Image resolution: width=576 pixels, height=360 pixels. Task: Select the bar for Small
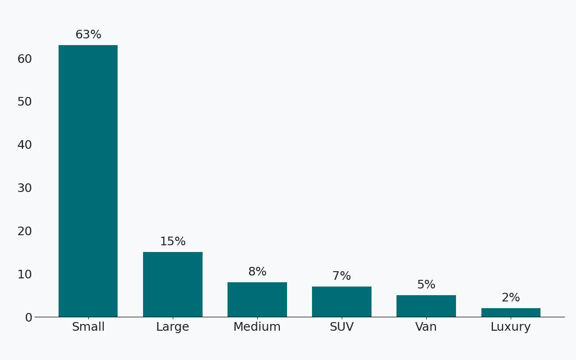[x=88, y=181]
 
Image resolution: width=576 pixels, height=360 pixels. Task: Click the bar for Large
[x=173, y=284]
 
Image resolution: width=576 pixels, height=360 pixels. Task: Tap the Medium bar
[x=257, y=300]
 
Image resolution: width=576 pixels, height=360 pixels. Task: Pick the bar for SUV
[x=342, y=301]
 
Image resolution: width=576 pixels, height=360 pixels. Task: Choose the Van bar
[x=426, y=306]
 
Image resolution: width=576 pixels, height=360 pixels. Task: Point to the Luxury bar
[x=511, y=312]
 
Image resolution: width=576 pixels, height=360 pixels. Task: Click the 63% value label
[x=88, y=35]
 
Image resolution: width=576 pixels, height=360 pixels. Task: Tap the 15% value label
[x=173, y=242]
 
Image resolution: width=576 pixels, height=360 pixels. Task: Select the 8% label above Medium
[x=257, y=272]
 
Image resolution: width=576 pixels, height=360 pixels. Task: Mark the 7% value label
[x=342, y=276]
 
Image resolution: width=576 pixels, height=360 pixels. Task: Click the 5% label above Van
[x=426, y=285]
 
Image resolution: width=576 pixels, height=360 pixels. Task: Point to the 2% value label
[x=511, y=298]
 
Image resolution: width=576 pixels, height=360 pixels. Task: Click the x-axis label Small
[x=88, y=327]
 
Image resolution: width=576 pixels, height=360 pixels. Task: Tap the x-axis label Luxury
[x=511, y=327]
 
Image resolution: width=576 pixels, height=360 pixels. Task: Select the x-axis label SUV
[x=342, y=327]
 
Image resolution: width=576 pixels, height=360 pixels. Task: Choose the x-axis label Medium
[x=257, y=327]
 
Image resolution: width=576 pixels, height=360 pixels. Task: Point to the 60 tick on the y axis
[x=24, y=59]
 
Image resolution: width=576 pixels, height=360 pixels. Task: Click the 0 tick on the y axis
[x=28, y=317]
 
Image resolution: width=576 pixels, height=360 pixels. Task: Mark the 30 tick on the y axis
[x=24, y=188]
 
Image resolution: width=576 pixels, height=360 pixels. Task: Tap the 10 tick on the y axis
[x=24, y=275]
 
